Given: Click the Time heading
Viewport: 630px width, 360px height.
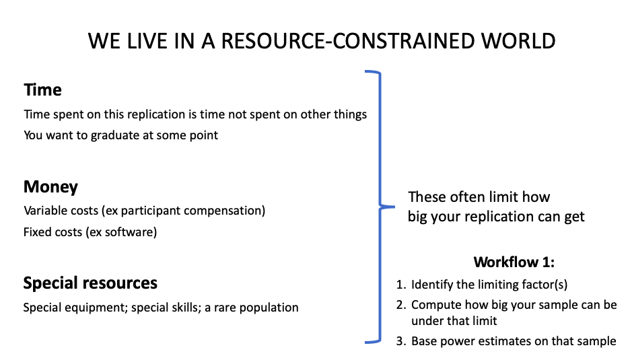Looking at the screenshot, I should [x=42, y=90].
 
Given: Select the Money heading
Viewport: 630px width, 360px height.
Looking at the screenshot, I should [x=50, y=186].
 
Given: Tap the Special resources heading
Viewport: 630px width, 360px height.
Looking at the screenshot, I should [x=90, y=283].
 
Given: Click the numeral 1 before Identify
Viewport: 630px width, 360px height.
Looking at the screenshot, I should [x=399, y=284].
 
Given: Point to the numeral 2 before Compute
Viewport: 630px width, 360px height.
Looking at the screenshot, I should [x=399, y=305].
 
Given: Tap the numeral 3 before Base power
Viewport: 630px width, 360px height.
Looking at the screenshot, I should [x=399, y=341].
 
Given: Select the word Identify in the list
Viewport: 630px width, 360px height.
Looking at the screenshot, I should [x=431, y=284].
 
